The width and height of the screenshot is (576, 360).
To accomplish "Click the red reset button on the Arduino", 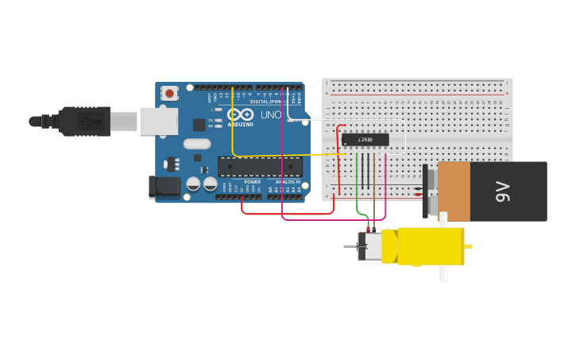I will [169, 93].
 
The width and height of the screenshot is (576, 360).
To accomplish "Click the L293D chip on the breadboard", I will [365, 140].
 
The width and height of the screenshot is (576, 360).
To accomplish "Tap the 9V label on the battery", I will [502, 192].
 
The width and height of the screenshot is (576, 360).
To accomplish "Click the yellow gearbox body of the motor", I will [429, 246].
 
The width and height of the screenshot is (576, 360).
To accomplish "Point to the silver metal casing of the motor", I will [371, 246].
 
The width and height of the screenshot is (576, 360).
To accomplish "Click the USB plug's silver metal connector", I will [123, 122].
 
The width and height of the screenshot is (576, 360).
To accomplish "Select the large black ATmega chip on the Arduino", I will [260, 167].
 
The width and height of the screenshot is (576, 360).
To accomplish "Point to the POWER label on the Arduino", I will [253, 182].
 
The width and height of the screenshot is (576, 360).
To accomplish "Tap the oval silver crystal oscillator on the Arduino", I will [196, 144].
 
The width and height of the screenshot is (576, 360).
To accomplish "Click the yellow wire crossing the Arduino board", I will [232, 127].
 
